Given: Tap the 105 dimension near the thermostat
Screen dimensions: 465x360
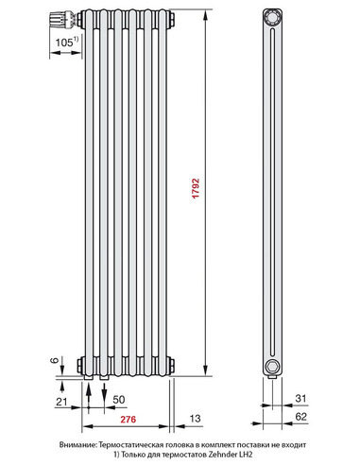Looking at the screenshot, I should (64, 43).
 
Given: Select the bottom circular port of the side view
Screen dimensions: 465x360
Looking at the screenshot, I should (273, 365).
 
